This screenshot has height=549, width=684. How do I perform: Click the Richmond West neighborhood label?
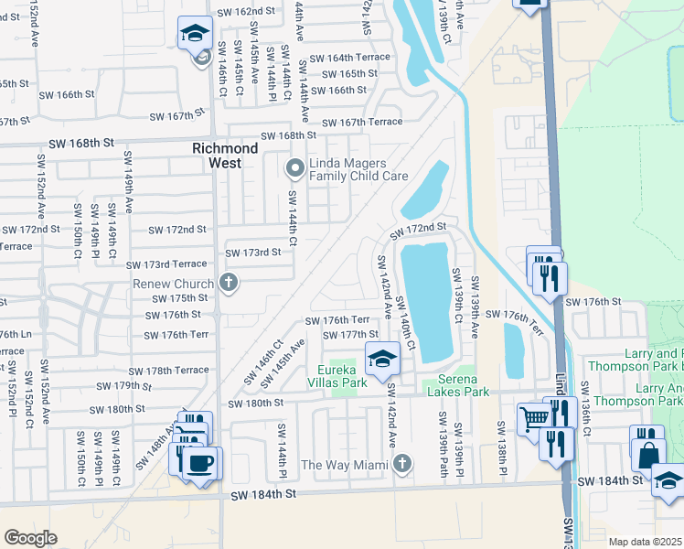click(225, 156)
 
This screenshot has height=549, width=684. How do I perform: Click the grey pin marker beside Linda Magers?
click(294, 167)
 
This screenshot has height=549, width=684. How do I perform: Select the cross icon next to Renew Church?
click(229, 284)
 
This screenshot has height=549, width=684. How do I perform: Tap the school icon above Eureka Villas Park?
click(382, 360)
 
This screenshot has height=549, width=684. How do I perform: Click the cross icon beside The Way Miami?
click(401, 464)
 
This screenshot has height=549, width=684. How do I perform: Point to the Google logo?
click(30, 538)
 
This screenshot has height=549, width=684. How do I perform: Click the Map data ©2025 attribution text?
click(645, 542)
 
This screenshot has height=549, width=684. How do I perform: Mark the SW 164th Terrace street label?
click(349, 57)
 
